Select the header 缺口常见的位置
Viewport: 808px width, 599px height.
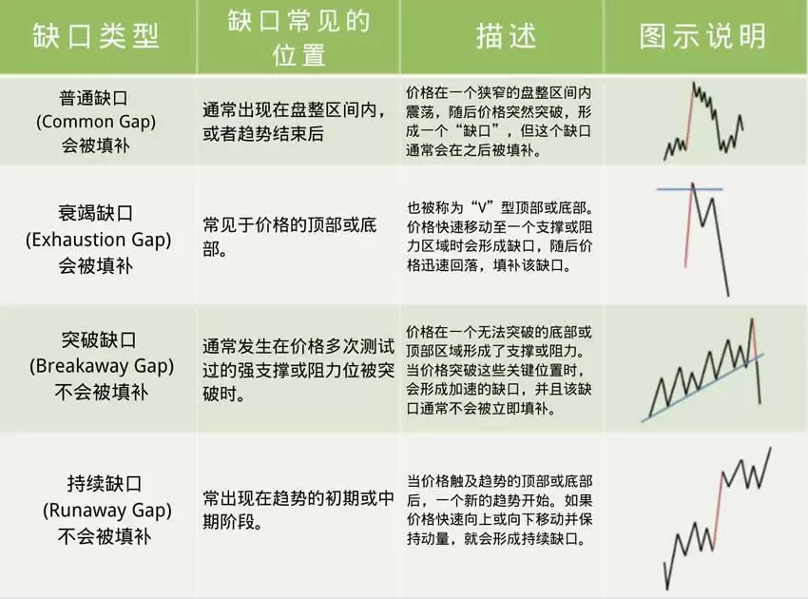tap(298, 36)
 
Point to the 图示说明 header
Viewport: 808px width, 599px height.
tap(703, 36)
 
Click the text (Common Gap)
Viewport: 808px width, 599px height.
tap(97, 122)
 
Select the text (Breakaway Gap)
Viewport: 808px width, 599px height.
tap(97, 365)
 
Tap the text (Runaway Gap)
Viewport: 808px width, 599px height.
tap(97, 511)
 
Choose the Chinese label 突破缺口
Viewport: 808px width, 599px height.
tap(97, 339)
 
